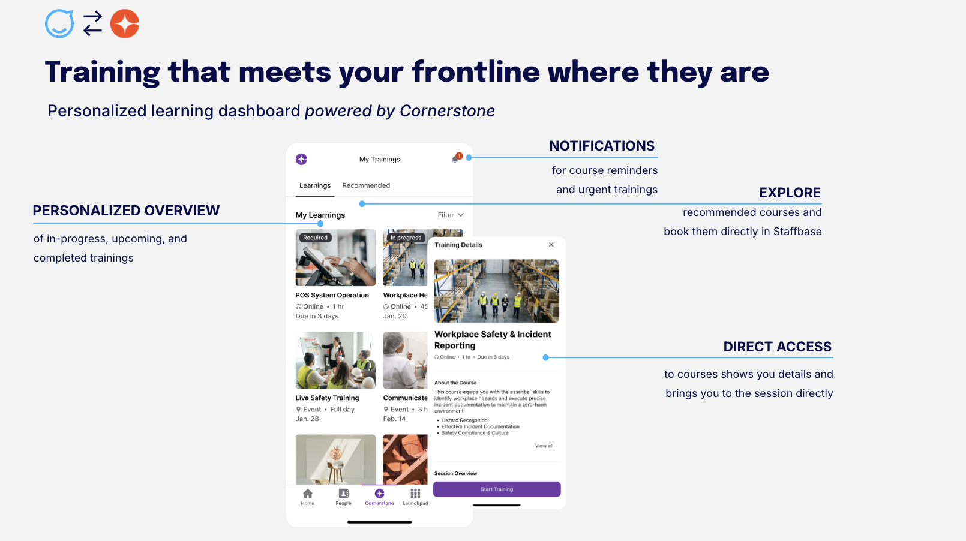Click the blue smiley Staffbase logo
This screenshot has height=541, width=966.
59,24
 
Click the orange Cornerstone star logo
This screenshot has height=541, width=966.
125,24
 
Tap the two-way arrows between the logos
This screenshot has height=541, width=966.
92,24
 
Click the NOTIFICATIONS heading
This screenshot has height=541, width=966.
602,146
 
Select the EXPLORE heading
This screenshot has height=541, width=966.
790,193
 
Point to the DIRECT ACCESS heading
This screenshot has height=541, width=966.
777,347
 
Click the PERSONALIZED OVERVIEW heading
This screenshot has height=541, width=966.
126,211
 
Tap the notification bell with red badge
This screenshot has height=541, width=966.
455,159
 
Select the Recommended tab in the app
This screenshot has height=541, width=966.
366,185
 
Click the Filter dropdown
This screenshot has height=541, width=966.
450,215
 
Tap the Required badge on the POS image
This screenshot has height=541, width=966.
315,238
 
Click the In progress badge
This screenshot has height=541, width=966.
406,238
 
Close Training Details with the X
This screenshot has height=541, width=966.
551,245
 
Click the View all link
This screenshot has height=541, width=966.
544,446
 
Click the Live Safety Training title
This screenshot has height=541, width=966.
327,398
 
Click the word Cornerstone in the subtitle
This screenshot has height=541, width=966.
447,111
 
